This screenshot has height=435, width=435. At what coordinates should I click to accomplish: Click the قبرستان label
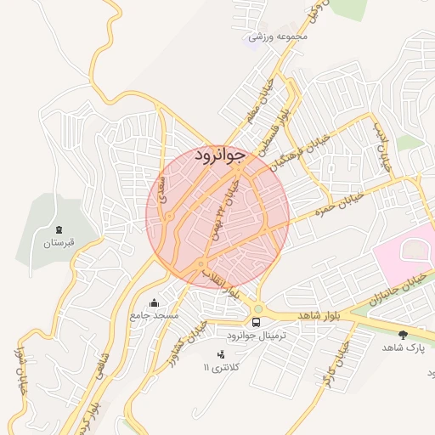pos(59,244)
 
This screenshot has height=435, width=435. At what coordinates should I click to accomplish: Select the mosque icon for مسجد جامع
pos(154,302)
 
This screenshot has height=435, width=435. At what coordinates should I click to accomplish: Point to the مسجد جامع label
pos(154,316)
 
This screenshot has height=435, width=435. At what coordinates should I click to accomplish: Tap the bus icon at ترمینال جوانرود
pos(257,322)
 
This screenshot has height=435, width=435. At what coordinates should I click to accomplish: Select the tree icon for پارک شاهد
pos(403,334)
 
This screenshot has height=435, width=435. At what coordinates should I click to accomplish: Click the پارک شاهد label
pos(403,347)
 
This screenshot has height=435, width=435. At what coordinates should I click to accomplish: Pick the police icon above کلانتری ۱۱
pos(222,353)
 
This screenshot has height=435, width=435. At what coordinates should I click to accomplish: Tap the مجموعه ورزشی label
pos(278,37)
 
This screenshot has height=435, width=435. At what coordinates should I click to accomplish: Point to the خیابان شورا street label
pos(20,364)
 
